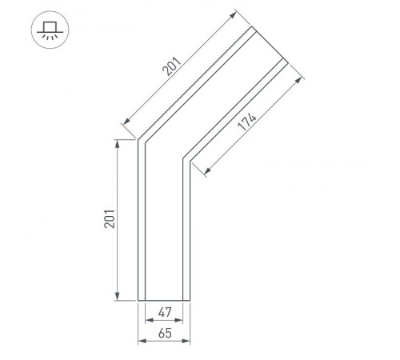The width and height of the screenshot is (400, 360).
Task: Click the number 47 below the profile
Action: click(x=164, y=313)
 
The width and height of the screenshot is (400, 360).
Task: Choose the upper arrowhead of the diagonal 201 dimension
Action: click(x=235, y=14)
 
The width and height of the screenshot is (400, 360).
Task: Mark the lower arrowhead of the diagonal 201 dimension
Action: click(x=123, y=124)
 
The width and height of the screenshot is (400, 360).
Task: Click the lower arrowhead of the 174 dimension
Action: click(x=206, y=172)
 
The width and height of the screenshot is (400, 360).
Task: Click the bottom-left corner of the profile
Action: click(x=139, y=301)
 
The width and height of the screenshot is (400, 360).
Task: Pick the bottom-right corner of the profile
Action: click(x=189, y=301)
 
